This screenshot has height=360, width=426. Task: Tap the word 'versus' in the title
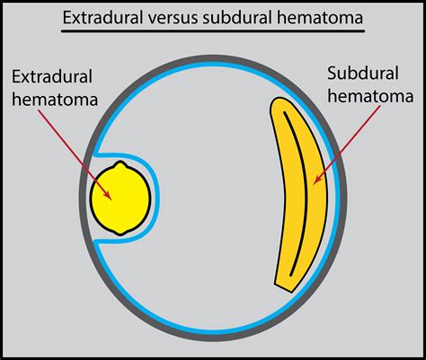pos(185,19)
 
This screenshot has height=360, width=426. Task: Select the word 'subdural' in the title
pos(245,19)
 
